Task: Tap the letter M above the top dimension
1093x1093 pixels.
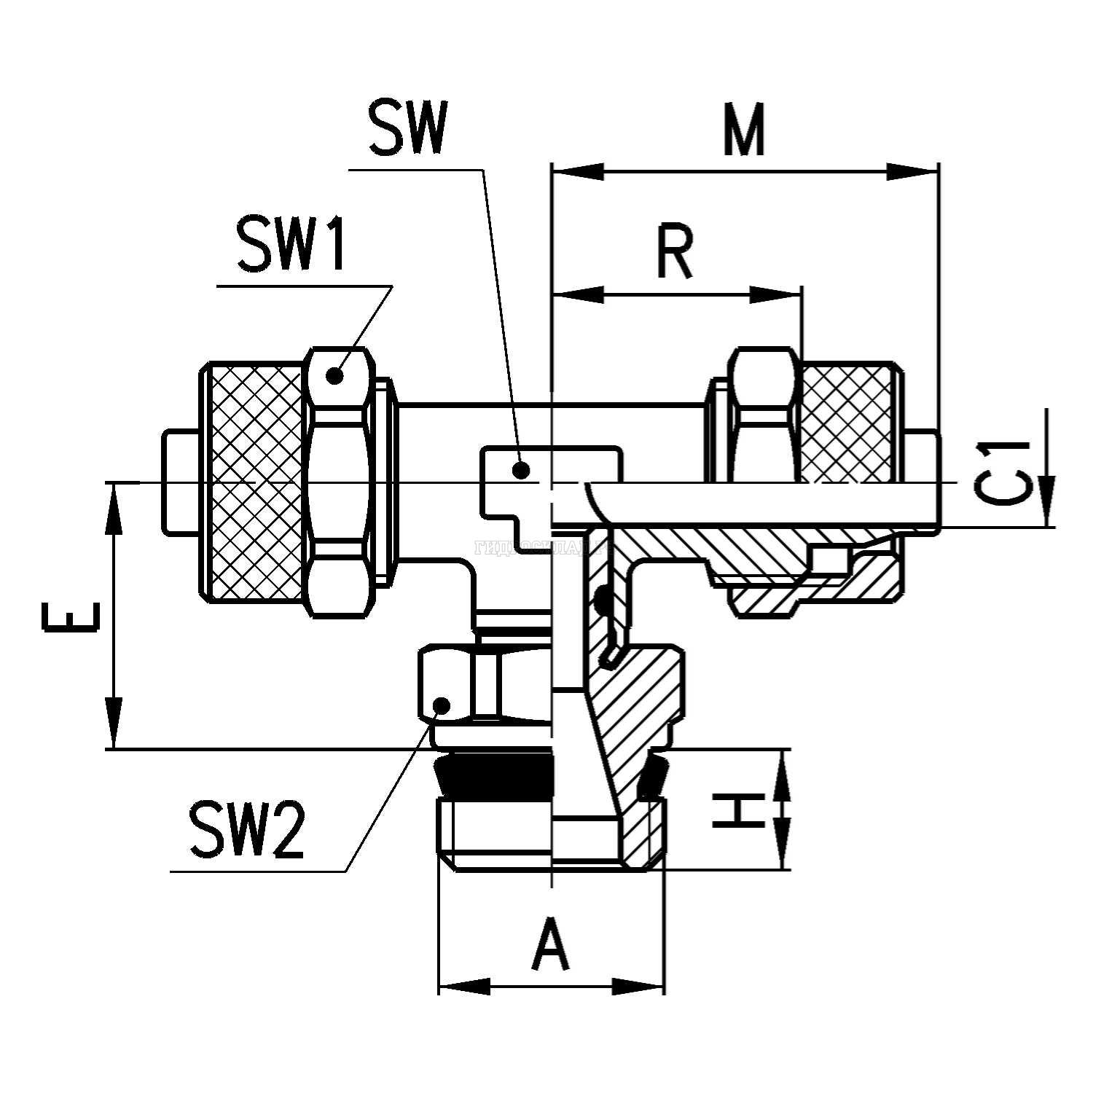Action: click(x=744, y=131)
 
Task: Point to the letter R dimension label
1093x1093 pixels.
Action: click(x=674, y=253)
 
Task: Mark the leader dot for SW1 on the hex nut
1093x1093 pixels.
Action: click(x=334, y=375)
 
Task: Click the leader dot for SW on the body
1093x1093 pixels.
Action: click(x=520, y=470)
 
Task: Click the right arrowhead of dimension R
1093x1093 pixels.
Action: click(x=777, y=295)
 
